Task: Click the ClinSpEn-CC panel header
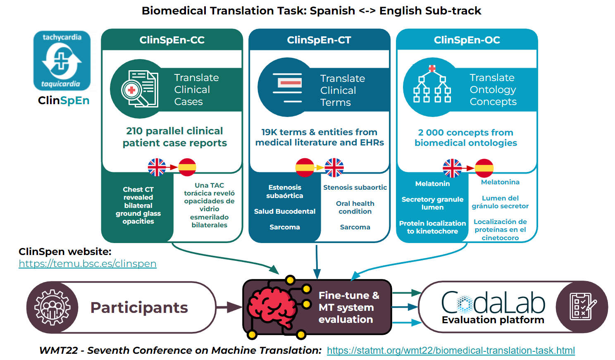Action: click(172, 40)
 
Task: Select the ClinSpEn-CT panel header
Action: click(319, 40)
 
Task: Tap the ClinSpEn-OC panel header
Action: click(467, 40)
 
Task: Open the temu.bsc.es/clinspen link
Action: click(88, 264)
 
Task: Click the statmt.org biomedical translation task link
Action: click(451, 350)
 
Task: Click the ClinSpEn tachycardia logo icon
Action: click(62, 61)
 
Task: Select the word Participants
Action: click(139, 308)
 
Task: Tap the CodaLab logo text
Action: click(493, 303)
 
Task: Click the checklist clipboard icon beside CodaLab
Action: click(582, 307)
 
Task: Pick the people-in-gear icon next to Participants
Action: click(52, 308)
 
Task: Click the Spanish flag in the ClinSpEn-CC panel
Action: click(187, 167)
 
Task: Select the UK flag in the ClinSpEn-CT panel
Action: click(334, 167)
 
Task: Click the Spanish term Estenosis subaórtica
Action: click(285, 191)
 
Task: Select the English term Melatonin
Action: click(432, 184)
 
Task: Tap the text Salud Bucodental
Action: click(285, 211)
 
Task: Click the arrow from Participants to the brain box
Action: click(228, 307)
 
